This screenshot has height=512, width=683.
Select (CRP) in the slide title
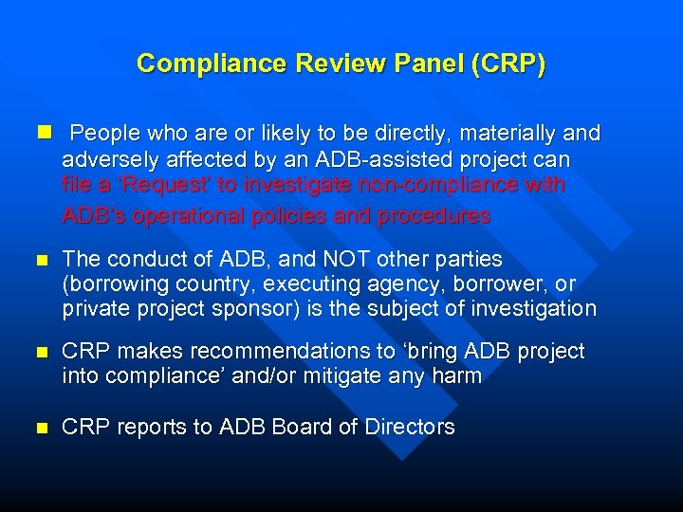click(505, 64)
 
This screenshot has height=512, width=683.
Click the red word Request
click(151, 186)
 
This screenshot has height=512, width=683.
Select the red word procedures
click(434, 215)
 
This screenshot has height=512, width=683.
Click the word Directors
click(409, 428)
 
